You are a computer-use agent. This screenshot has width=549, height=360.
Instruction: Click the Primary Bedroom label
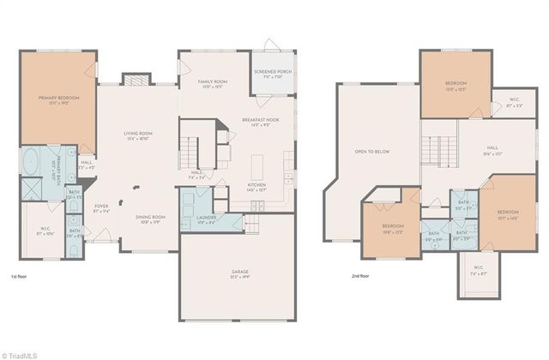(x=58, y=100)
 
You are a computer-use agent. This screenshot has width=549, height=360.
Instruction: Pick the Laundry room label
(x=206, y=219)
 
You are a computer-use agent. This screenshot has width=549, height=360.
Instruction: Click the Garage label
(x=239, y=274)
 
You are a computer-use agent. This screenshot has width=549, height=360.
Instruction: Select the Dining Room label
(x=150, y=219)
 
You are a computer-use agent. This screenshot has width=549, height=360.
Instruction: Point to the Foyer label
(x=101, y=207)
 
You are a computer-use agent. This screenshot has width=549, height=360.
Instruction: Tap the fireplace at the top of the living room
(x=136, y=80)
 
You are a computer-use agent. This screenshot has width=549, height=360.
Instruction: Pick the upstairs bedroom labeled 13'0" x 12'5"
(x=455, y=85)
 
